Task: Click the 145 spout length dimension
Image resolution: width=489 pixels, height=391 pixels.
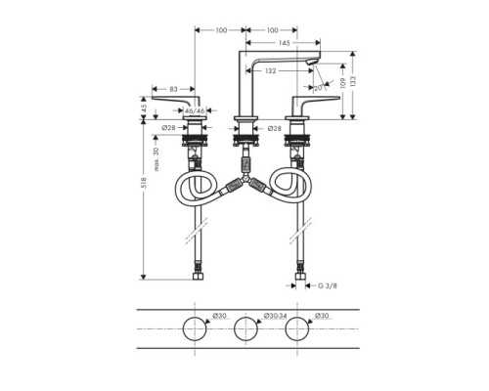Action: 283,42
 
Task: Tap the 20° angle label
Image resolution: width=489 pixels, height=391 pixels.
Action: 319,87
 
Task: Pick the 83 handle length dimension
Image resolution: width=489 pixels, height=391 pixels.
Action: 172,91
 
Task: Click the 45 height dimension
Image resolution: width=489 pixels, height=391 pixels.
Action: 144,109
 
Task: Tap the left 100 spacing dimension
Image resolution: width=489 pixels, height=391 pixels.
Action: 220,30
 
